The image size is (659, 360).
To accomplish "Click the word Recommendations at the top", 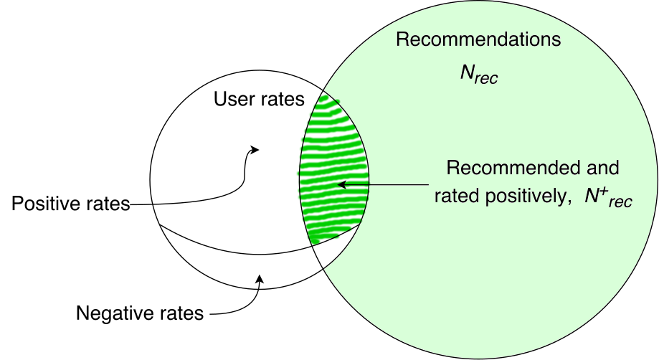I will pos(478,39).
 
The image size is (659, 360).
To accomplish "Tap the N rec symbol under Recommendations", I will pos(478,75).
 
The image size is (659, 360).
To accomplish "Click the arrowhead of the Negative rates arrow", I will pos(260,279).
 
